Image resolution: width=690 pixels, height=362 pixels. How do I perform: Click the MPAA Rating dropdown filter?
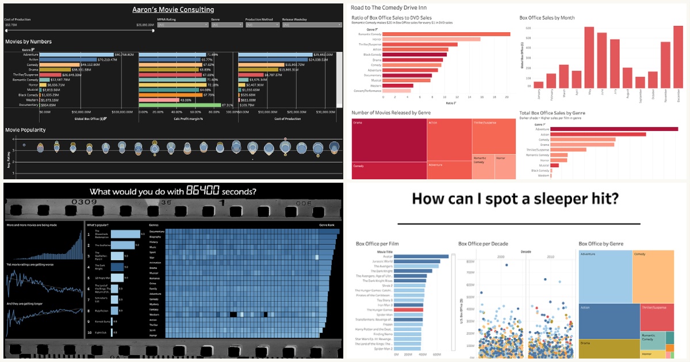point(182,25)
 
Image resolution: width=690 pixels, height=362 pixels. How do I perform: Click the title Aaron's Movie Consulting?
point(172,10)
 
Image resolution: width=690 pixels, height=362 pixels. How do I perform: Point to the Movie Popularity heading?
point(25,130)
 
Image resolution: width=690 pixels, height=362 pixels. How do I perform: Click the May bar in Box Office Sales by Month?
point(589,57)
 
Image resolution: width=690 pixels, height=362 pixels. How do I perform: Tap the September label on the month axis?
point(640,95)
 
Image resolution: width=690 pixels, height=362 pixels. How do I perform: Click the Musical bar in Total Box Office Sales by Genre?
point(554,165)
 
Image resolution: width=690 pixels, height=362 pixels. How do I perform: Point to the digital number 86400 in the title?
point(202,191)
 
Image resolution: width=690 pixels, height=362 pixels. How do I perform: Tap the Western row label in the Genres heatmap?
point(154,314)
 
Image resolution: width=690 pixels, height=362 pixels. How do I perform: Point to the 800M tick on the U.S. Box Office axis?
point(469,261)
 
